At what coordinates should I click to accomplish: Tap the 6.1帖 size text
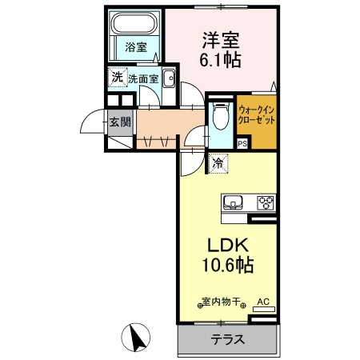pyautogui.click(x=221, y=59)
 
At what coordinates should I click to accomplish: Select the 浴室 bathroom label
pyautogui.click(x=135, y=47)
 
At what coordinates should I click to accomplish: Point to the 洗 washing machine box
pyautogui.click(x=118, y=78)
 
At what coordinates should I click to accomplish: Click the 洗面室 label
pyautogui.click(x=142, y=79)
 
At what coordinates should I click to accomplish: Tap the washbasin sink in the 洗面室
pyautogui.click(x=169, y=78)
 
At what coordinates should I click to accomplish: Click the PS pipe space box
pyautogui.click(x=242, y=143)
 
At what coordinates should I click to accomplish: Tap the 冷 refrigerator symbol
pyautogui.click(x=218, y=163)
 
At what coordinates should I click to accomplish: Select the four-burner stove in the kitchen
pyautogui.click(x=265, y=202)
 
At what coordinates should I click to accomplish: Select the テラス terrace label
pyautogui.click(x=227, y=339)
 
